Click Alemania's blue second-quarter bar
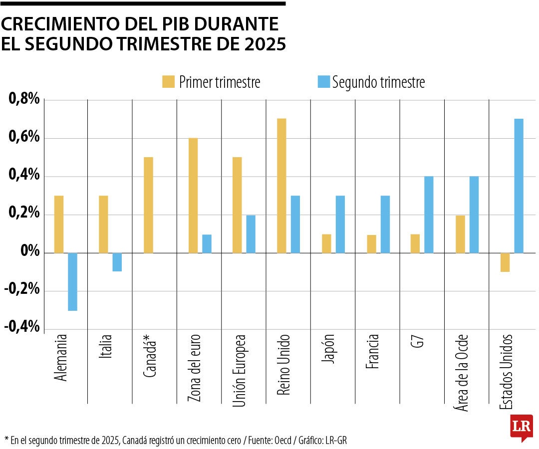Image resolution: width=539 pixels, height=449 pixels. [72, 282]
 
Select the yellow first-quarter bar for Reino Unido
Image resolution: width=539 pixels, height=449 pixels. [281, 186]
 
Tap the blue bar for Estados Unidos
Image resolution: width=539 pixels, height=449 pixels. [519, 186]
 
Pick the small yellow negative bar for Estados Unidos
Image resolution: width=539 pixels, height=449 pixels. [505, 262]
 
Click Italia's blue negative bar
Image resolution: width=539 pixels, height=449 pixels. [117, 262]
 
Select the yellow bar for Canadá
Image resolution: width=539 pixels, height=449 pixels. [148, 205]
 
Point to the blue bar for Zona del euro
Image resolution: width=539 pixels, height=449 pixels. [207, 243]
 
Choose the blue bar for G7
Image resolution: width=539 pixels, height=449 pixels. [429, 215]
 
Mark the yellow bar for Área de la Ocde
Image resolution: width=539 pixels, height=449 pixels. [461, 234]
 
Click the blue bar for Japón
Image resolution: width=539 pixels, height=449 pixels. [340, 224]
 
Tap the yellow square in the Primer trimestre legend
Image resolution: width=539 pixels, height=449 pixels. [168, 82]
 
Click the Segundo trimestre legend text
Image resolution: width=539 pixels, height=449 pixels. [378, 82]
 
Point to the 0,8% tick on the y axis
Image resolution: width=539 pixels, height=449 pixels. [24, 100]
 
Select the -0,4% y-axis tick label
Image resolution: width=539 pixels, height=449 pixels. [22, 327]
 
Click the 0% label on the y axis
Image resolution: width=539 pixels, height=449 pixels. [29, 251]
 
